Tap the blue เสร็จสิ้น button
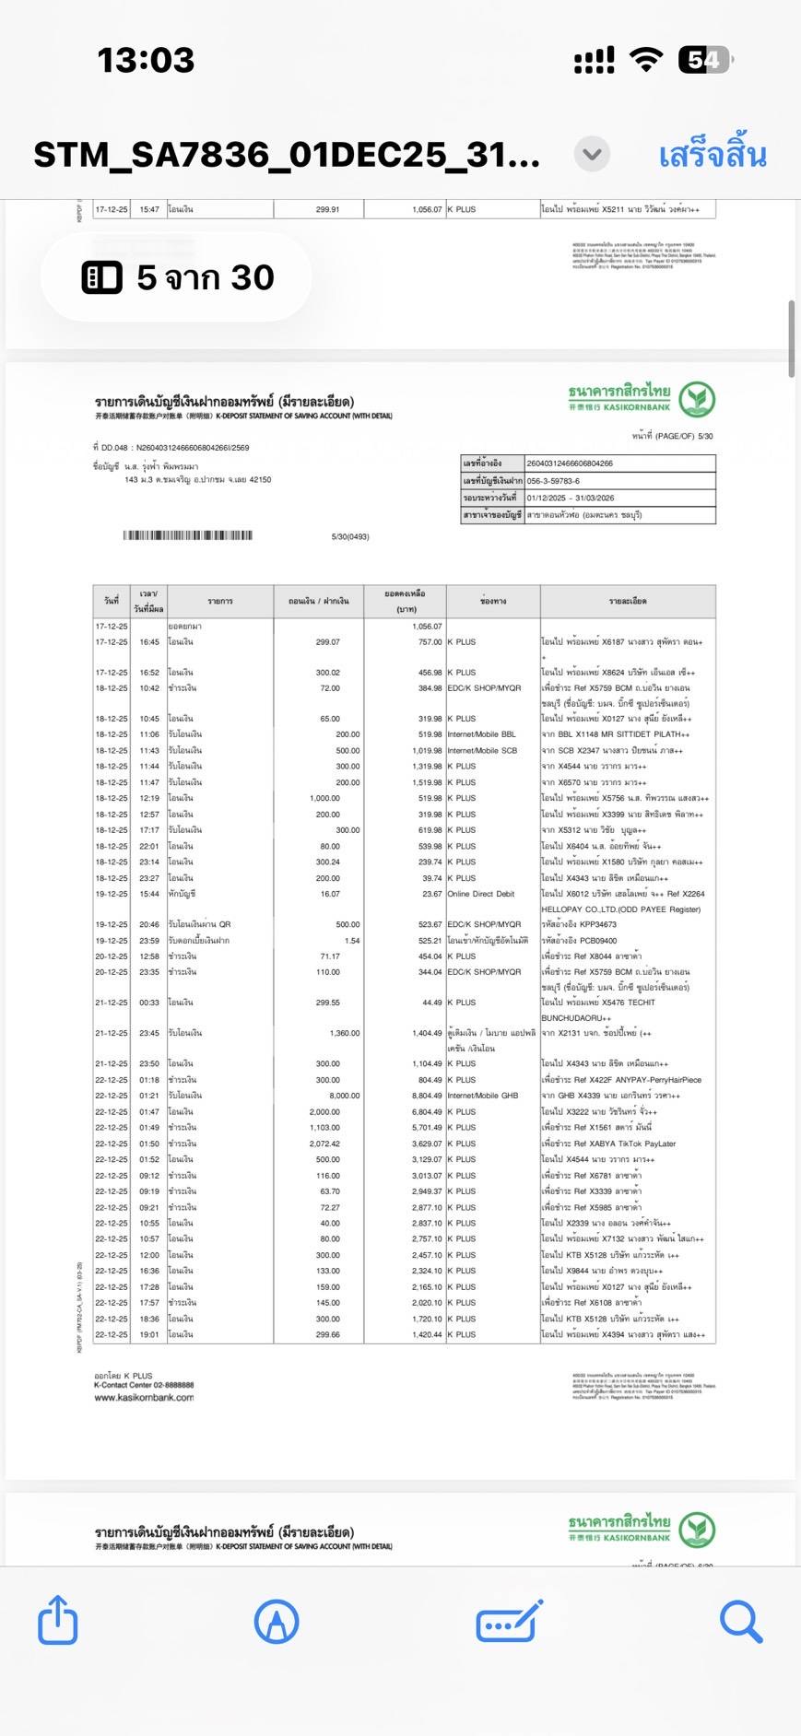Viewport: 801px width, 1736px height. [x=712, y=155]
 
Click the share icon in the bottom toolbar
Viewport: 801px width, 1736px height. [x=57, y=1619]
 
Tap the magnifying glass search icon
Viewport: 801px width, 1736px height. [x=740, y=1620]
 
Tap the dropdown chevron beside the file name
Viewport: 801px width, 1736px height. [x=592, y=154]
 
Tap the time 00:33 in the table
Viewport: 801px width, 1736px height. [x=149, y=1003]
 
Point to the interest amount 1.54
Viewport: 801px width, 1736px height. [x=352, y=941]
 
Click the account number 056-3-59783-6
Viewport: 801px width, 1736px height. [x=553, y=481]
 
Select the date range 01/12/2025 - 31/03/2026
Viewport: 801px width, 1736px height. [x=571, y=498]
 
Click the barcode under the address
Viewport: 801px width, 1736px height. [x=187, y=535]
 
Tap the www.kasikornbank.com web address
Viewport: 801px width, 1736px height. [x=144, y=1398]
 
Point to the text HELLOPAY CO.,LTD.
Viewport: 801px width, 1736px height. [x=584, y=909]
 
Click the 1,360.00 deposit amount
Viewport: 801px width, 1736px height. [x=345, y=1033]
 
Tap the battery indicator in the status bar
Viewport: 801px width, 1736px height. [x=704, y=61]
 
